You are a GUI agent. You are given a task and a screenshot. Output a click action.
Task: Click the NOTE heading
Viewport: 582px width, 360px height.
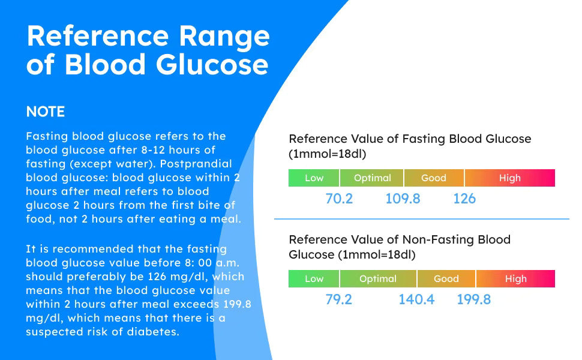[x=45, y=112]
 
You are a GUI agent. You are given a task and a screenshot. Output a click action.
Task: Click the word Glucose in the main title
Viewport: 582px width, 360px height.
[x=205, y=65]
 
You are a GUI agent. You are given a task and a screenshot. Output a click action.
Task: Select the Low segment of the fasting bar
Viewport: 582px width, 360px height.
[x=314, y=178]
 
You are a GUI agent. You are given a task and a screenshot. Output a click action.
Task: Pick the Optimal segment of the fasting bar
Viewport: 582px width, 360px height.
[x=372, y=178]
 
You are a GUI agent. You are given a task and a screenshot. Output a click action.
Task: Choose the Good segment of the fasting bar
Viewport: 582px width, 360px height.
[x=434, y=178]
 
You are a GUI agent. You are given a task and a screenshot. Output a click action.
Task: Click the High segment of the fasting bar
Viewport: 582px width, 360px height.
[x=509, y=178]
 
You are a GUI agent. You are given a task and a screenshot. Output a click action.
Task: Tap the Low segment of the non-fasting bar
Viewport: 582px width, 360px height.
[x=314, y=279]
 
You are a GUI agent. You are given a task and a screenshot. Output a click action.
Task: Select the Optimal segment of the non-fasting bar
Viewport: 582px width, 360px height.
[x=378, y=279]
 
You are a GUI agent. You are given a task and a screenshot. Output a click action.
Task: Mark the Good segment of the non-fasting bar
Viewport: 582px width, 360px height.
[x=446, y=279]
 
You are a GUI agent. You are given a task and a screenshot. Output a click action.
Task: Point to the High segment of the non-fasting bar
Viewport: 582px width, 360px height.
[x=515, y=279]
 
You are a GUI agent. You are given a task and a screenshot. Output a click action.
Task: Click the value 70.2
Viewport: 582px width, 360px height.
[x=339, y=199]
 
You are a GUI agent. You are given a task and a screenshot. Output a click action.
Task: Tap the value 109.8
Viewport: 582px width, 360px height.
[x=403, y=199]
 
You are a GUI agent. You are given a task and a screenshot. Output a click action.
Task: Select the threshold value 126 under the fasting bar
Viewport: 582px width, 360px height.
[x=464, y=199]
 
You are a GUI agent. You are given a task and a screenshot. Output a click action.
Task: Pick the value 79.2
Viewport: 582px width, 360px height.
[x=339, y=299]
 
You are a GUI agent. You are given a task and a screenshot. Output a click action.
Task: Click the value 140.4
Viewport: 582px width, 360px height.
[x=416, y=299]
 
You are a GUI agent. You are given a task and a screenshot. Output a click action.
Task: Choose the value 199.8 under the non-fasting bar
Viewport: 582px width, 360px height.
[x=474, y=299]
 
